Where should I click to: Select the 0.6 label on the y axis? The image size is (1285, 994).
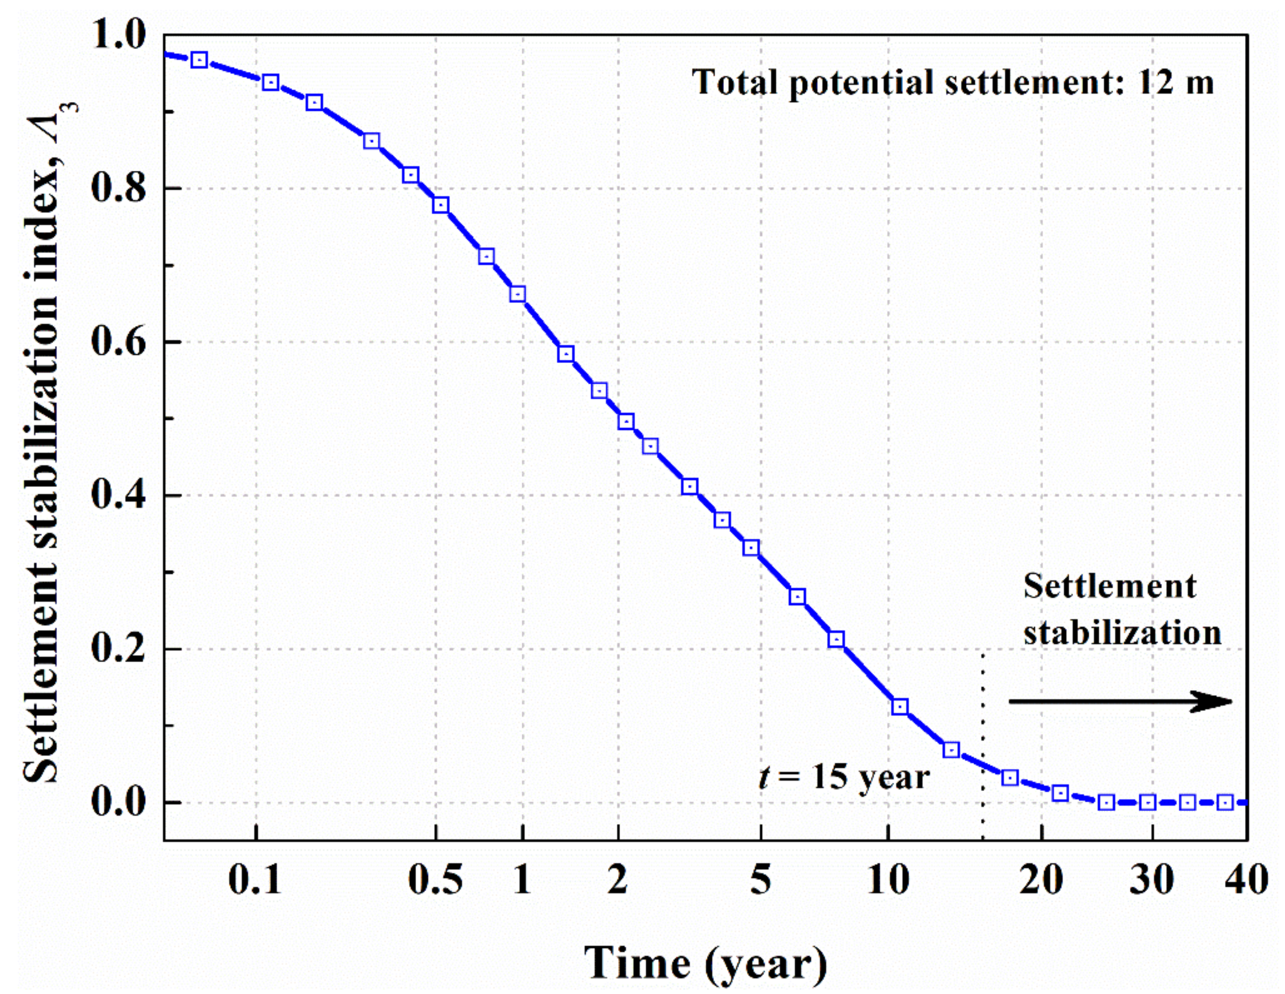tap(118, 342)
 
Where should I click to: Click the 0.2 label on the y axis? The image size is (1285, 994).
tap(118, 649)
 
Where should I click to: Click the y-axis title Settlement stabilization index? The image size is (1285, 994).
tap(44, 442)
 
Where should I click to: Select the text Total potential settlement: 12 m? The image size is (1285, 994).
tap(952, 82)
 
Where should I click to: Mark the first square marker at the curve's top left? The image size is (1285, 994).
tap(200, 60)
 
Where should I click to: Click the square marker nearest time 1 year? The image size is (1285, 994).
tap(518, 294)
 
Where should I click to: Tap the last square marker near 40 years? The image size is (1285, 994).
tap(1225, 802)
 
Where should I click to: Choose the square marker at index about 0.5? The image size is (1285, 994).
tap(626, 422)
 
